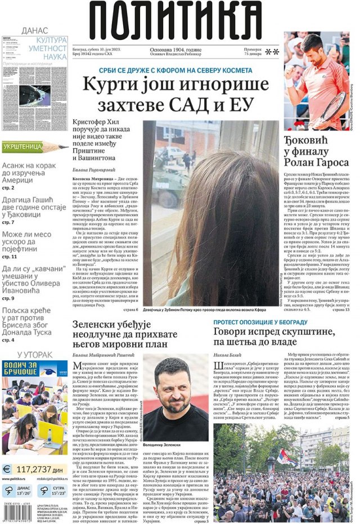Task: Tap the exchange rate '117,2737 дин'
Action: (43, 468)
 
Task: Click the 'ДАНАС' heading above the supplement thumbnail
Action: (33, 30)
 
